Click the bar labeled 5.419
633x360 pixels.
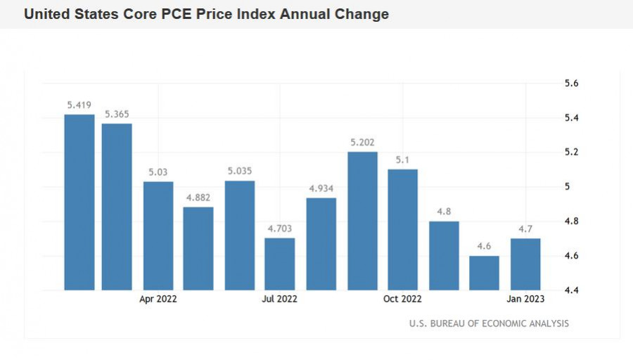coord(79,202)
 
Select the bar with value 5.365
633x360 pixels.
coord(117,207)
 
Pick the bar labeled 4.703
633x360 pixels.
coord(280,264)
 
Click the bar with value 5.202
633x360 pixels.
coord(363,221)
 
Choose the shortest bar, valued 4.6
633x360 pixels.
coord(485,273)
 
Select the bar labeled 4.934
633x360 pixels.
coord(321,244)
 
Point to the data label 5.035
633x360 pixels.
coord(239,171)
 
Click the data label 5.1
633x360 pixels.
coord(402,160)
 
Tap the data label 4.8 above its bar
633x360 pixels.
coord(444,212)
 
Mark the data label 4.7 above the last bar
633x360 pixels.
coord(525,229)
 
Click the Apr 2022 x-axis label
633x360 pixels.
coord(158,299)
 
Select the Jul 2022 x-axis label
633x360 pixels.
coord(279,299)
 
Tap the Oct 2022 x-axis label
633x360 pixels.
coord(403,299)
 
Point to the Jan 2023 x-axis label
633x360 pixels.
coord(525,299)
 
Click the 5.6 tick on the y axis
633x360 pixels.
coord(572,84)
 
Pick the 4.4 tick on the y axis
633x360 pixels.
coord(572,290)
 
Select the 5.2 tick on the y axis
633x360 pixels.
coord(572,153)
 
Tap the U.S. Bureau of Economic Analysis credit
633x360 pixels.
coord(489,323)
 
